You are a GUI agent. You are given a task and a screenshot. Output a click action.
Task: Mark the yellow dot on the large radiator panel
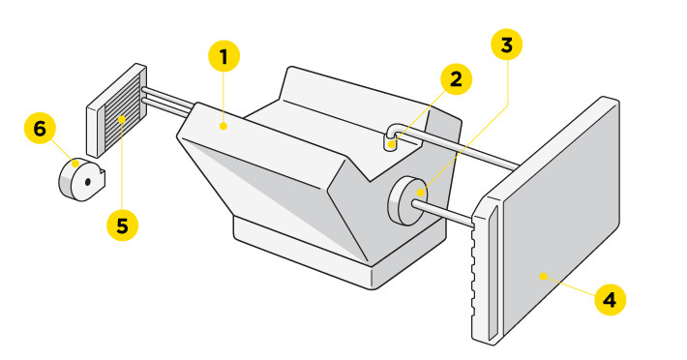pyautogui.click(x=544, y=276)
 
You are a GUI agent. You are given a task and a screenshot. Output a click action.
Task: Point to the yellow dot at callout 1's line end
pyautogui.click(x=224, y=124)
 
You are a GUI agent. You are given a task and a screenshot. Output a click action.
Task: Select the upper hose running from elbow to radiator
pyautogui.click(x=464, y=146)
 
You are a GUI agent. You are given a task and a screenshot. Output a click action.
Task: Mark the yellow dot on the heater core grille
pyautogui.click(x=123, y=119)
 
